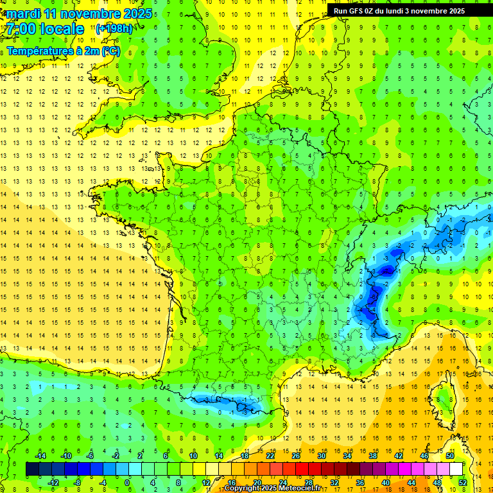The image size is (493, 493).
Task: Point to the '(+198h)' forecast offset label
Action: [114, 28]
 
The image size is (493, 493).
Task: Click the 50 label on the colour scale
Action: [449, 456]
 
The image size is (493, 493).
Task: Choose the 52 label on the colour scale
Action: [463, 482]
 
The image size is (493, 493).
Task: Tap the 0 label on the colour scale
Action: [127, 482]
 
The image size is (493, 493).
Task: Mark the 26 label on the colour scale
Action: [296, 456]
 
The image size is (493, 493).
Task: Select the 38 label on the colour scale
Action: [373, 456]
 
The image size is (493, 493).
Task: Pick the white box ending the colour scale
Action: [456, 469]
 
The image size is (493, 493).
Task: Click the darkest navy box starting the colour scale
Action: [32, 469]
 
